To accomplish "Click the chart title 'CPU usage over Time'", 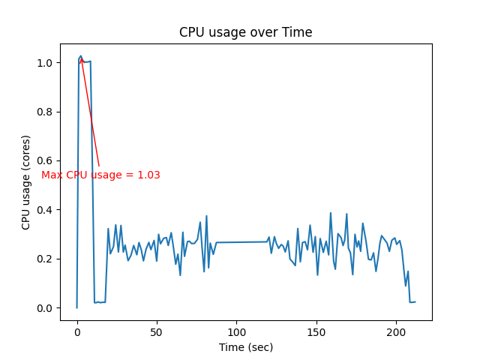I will point(245,32).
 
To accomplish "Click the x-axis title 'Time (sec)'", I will point(246,347).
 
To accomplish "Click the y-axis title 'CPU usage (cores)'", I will point(26,182).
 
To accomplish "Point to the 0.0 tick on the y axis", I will point(45,308).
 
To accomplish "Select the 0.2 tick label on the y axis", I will point(45,259).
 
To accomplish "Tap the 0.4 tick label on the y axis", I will point(45,210).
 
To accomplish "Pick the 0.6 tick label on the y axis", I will point(45,160).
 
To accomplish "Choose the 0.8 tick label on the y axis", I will point(45,112).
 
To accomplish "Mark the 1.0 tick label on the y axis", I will point(45,63).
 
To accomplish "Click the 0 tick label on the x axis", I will point(77,331).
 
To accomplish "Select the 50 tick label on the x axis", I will point(157,331).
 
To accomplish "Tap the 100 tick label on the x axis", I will point(237,331).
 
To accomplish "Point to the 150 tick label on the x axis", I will point(316,331).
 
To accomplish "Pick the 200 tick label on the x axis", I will point(397,331).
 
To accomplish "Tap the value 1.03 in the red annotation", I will point(148,175).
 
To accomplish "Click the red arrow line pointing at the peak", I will point(90,112).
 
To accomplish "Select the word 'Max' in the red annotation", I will point(52,175).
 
